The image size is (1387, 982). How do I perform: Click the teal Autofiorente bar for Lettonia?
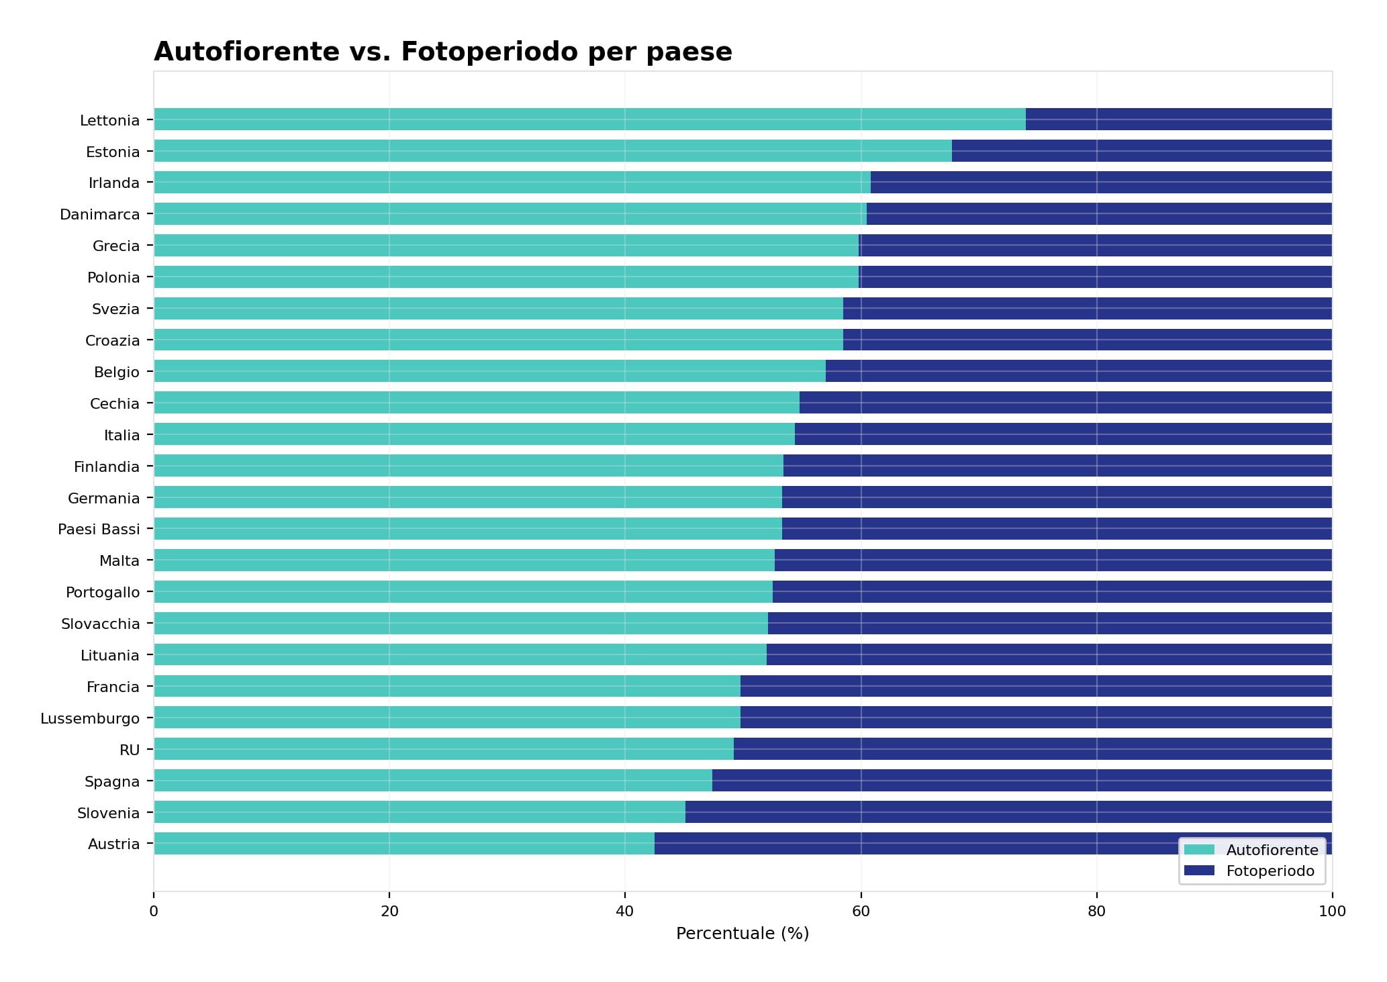click(589, 119)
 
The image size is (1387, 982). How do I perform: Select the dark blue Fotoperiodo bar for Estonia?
click(1141, 151)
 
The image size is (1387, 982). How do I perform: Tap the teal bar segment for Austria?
click(403, 844)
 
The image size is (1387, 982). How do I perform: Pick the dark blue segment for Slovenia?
click(1008, 812)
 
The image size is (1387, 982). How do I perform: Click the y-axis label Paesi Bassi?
click(99, 530)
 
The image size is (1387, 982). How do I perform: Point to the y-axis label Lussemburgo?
click(90, 719)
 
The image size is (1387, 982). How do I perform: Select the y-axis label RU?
click(130, 750)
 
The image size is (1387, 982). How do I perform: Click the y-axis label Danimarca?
click(99, 215)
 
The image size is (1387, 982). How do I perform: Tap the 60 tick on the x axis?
click(861, 912)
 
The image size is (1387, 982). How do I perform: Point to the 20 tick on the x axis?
click(389, 912)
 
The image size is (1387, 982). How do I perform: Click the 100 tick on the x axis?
click(1332, 912)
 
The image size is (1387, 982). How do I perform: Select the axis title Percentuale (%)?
click(743, 934)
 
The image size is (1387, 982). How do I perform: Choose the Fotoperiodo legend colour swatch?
click(1199, 871)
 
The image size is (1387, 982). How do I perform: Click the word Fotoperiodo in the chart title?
click(489, 52)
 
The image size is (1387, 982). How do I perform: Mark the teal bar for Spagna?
click(432, 781)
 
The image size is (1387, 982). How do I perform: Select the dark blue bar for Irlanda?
click(1101, 183)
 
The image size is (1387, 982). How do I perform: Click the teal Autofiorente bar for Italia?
click(474, 434)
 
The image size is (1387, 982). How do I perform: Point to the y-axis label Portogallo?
click(103, 593)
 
